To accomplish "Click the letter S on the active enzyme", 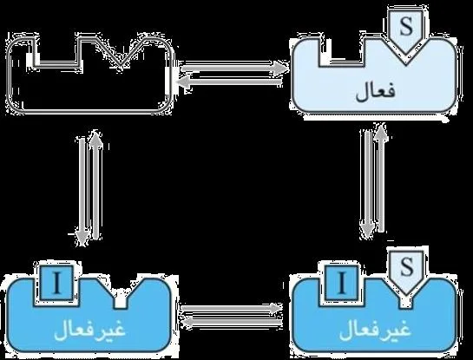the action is click(405, 27).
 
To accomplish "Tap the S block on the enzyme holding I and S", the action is click(406, 272).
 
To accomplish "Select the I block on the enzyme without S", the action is click(56, 283).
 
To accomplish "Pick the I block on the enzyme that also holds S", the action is click(341, 283).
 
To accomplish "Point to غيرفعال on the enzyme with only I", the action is click(90, 330).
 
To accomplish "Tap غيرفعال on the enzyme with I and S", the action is click(375, 330).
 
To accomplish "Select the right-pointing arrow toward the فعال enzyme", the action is click(233, 68).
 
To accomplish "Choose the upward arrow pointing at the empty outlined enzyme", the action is click(96, 185).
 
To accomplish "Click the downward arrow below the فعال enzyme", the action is click(367, 184).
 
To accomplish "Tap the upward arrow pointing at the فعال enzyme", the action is click(382, 178).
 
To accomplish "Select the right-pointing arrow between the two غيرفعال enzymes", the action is click(232, 308).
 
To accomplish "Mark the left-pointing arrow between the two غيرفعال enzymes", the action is click(232, 322).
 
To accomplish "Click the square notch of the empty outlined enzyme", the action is click(57, 52).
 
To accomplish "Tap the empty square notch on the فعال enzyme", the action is click(341, 52).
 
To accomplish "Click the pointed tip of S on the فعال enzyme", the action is click(405, 56).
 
